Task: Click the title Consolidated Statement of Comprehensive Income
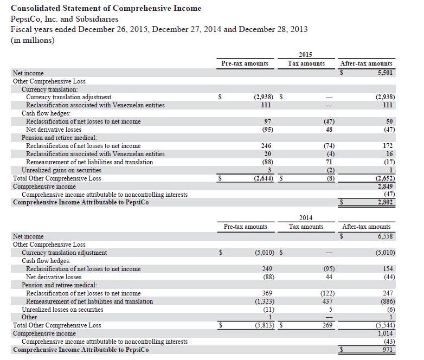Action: [x=106, y=8]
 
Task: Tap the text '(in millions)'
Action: [x=33, y=40]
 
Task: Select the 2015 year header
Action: [x=306, y=54]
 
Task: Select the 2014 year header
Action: [x=306, y=217]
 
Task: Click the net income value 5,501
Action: [x=385, y=73]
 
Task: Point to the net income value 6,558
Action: [x=385, y=236]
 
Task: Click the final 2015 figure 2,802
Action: [x=385, y=202]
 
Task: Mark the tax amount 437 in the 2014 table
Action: [x=327, y=301]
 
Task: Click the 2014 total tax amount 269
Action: [x=327, y=325]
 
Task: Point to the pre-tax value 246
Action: [x=266, y=146]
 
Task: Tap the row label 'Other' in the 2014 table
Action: [x=29, y=317]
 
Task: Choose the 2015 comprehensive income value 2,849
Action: [x=385, y=186]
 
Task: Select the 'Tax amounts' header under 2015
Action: [x=306, y=63]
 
